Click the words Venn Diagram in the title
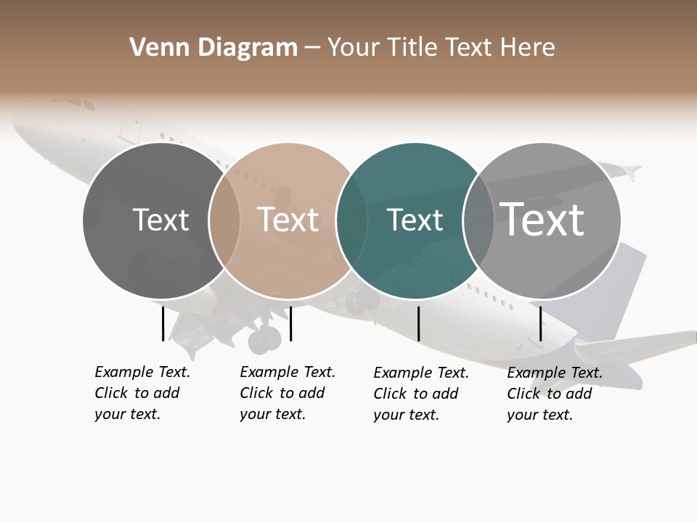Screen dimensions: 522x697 coord(213,48)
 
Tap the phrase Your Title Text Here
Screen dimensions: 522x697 coord(441,48)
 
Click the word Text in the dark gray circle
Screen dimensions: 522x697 coord(160,220)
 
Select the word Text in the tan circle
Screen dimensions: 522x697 coord(288,220)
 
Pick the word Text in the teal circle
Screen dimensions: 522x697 coord(415,220)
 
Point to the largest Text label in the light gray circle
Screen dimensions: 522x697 coord(542,220)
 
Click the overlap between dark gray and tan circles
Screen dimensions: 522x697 coord(224,220)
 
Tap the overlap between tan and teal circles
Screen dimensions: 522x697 coord(351,220)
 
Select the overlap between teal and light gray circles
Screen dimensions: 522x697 coord(478,220)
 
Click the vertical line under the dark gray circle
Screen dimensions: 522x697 coord(163,323)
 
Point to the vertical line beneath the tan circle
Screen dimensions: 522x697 coord(290,323)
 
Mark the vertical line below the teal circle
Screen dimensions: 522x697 coord(418,323)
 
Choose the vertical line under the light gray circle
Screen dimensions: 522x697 coord(540,323)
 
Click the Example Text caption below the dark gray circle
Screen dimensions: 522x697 coord(142,393)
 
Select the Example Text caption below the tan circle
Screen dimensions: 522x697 coord(288,393)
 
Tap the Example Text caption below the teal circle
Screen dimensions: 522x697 coord(421,394)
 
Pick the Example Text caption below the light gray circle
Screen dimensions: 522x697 coord(555,394)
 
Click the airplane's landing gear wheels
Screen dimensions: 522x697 coord(265,339)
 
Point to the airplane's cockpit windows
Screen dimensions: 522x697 coord(81,104)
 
